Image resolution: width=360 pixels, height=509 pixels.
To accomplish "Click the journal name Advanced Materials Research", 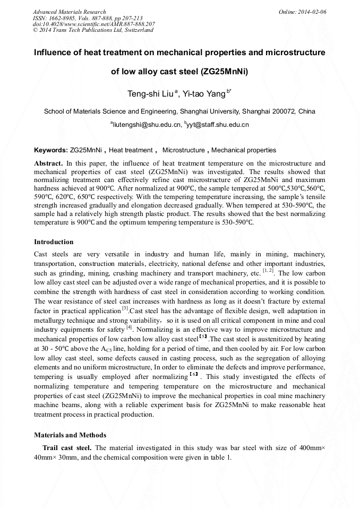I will (x=69, y=12).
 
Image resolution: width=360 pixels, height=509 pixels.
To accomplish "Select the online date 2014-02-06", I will (x=313, y=12).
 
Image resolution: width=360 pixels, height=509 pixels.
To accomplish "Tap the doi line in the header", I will (x=93, y=24).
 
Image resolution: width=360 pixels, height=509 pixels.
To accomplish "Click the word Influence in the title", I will (x=55, y=53).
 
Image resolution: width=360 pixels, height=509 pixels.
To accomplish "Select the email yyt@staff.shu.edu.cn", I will (x=218, y=125).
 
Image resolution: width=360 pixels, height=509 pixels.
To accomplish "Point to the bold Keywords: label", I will (x=50, y=150).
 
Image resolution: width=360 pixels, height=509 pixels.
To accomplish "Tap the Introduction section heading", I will (x=54, y=242).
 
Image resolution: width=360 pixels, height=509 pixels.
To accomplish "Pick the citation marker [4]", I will (x=129, y=327).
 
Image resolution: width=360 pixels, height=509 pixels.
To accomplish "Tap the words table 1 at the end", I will (x=220, y=457).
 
